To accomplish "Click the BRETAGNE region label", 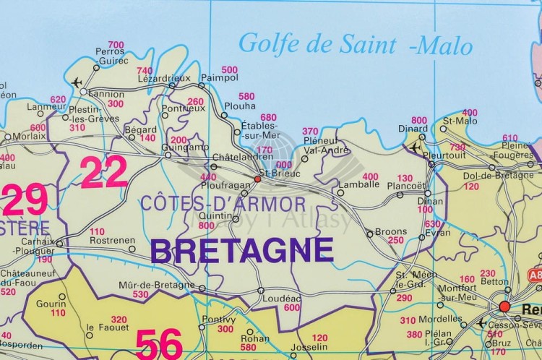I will point(241,251).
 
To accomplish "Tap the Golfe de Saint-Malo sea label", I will point(355,44).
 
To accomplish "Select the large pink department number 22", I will point(103,173).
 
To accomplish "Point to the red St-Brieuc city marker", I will point(257,178).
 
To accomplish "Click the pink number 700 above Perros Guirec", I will point(116,45).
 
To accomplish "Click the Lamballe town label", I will point(359,184).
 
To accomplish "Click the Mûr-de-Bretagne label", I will point(156,285).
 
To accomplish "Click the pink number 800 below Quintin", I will point(206,226).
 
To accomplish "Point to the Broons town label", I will point(391,232).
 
